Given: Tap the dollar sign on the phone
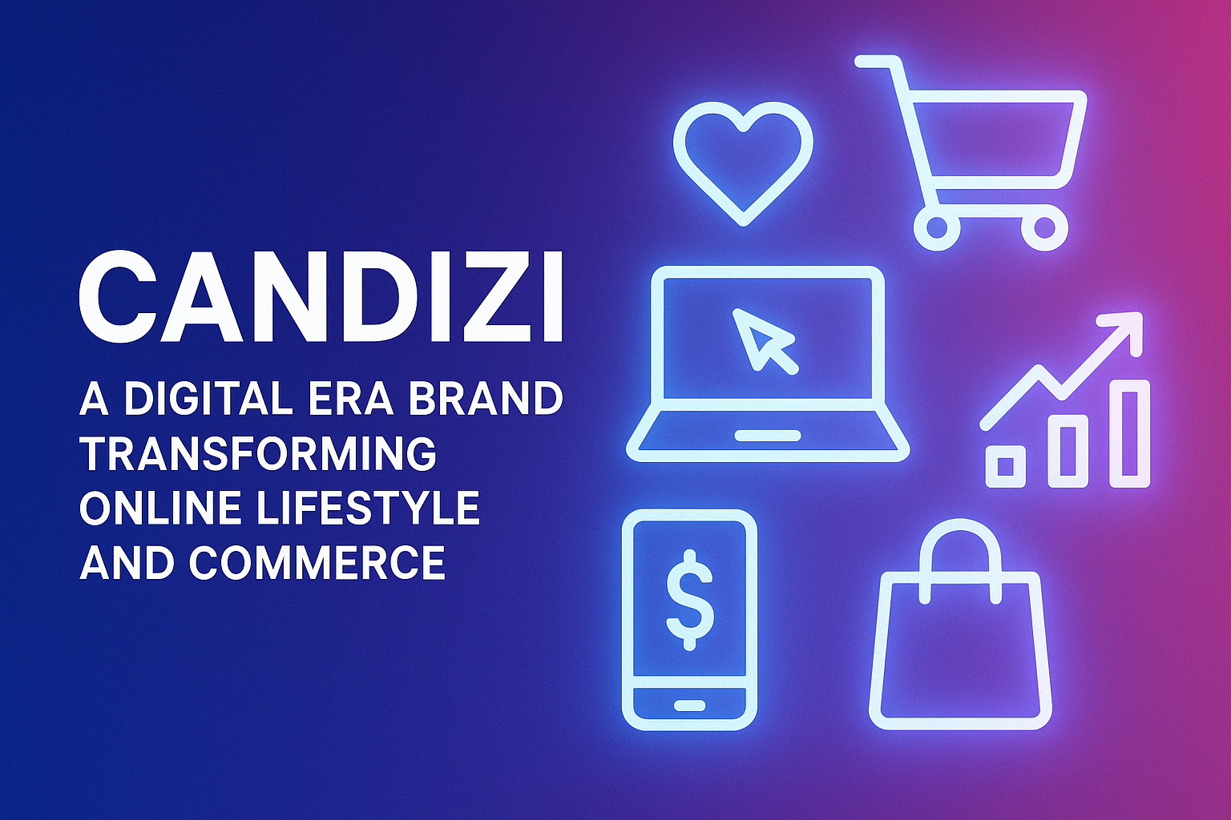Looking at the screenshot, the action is click(689, 601).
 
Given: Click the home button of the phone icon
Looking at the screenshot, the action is click(689, 705).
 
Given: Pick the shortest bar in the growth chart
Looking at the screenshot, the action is click(1005, 466).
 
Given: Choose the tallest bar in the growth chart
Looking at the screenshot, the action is click(1129, 433).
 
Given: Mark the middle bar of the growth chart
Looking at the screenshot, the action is click(1068, 451).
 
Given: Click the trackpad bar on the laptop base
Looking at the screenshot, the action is click(768, 436).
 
